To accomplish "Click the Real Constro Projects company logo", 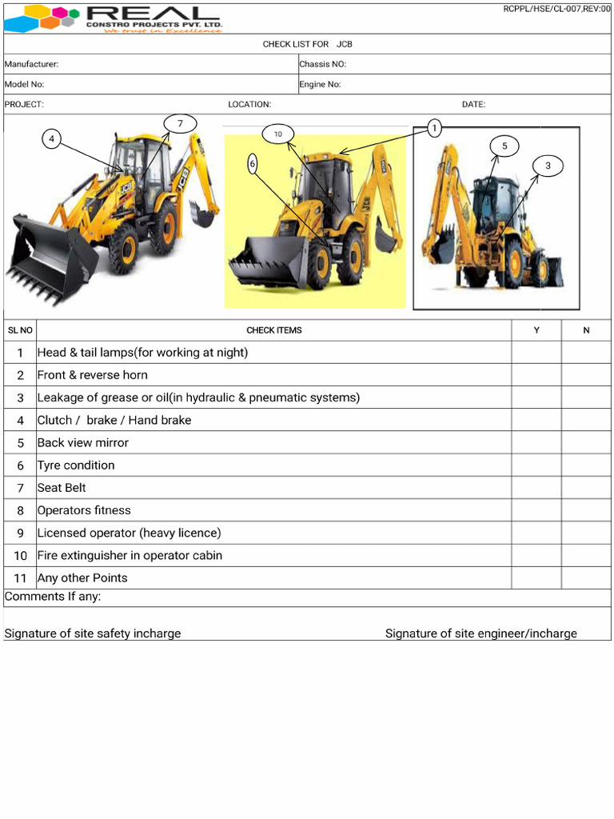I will coord(114,18).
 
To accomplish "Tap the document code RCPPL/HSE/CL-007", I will coord(556,9).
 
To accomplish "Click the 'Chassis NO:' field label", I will coord(322,64).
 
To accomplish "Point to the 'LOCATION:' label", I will coord(249,105).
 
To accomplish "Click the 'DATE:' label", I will coord(473,105).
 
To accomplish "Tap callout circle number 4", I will coord(52,139).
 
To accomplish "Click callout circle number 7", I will coord(181,123).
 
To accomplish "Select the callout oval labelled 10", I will coord(278,134).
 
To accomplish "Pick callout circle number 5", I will coord(504,146).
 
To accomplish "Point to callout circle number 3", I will coord(548,166).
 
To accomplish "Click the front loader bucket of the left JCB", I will coord(48,256).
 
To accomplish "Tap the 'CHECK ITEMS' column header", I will coord(274,330).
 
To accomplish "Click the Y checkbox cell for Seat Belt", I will coord(536,488).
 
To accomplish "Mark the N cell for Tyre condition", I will coord(586,465).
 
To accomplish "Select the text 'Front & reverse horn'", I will coord(93,375).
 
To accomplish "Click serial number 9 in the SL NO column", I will coord(20,533).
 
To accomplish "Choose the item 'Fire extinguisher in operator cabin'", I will coord(130,555).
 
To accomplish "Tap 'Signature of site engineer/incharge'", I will coord(480,633).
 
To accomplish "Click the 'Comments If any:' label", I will coord(53,597).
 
